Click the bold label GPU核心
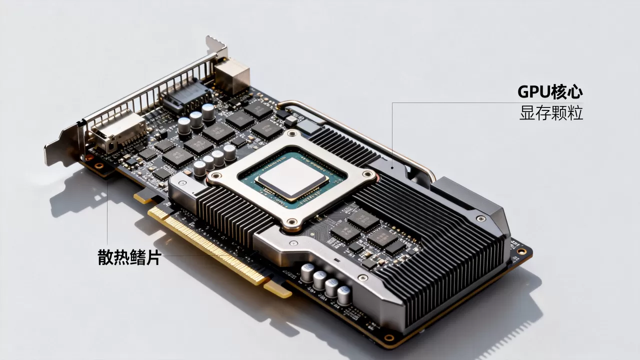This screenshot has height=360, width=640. [550, 91]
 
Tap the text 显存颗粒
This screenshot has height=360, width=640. [551, 113]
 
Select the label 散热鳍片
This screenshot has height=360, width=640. [129, 257]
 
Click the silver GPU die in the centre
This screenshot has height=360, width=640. [292, 178]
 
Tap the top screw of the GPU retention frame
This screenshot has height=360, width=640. [292, 133]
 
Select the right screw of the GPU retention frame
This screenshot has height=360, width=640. [368, 174]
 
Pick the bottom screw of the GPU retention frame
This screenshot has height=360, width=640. [291, 221]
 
